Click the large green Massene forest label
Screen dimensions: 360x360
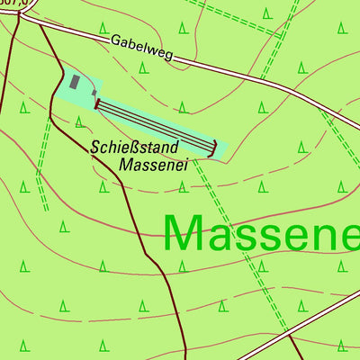[x=261, y=232]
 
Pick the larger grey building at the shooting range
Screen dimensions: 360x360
[x=75, y=82]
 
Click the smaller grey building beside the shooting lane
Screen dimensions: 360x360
[x=90, y=91]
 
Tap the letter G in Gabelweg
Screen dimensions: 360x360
[x=116, y=41]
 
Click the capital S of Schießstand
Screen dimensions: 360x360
[x=95, y=145]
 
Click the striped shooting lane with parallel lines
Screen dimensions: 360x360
[x=153, y=127]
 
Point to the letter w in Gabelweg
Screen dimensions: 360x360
[x=152, y=54]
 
